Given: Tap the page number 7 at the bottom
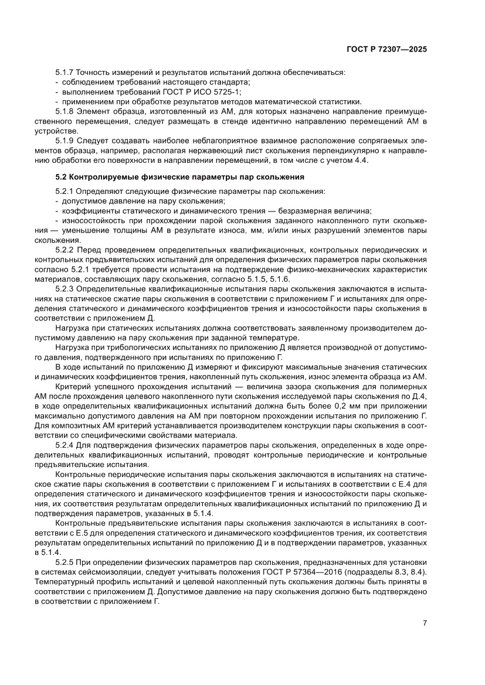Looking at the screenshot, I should tap(424, 623).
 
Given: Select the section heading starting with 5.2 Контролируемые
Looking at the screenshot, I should tap(179, 176).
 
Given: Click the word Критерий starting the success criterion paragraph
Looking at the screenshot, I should tap(73, 387).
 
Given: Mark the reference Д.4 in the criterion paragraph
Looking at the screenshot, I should tap(419, 397).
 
